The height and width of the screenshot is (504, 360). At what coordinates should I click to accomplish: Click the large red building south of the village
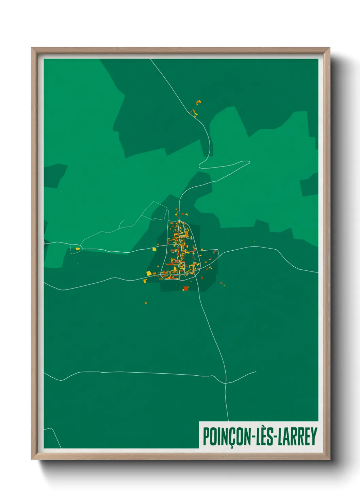click(186, 288)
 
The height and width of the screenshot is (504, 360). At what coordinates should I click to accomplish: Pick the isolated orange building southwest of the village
click(146, 302)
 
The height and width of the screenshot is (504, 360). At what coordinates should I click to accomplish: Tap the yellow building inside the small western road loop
click(78, 249)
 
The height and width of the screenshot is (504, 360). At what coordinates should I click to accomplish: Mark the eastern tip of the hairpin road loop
click(249, 162)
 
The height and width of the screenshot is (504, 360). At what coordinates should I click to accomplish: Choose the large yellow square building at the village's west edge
click(149, 273)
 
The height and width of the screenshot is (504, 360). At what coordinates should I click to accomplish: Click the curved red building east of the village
click(214, 252)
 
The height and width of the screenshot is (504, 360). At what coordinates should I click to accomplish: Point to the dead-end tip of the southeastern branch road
click(256, 372)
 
